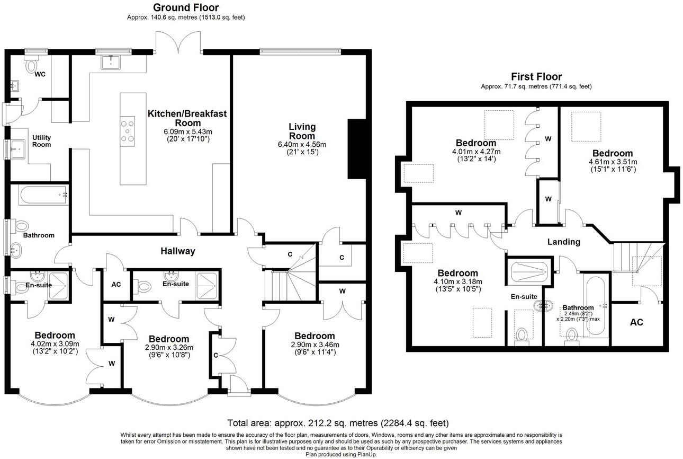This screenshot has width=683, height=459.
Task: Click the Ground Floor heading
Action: [x=186, y=7]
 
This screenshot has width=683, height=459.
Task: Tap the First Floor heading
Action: [x=536, y=76]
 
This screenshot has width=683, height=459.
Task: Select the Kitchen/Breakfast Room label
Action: [x=187, y=118]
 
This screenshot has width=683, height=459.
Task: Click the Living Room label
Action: [x=302, y=131]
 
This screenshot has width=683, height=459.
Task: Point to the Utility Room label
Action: [x=41, y=141]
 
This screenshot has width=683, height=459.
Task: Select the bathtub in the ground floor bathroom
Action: [x=43, y=195]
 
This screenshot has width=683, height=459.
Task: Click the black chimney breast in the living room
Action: [x=356, y=148]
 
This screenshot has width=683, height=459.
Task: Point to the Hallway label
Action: [x=178, y=251]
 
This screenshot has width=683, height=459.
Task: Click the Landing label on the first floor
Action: [x=563, y=242]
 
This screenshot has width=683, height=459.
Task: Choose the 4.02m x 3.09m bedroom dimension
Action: [x=55, y=344]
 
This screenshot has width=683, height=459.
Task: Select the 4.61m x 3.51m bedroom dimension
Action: [x=613, y=162]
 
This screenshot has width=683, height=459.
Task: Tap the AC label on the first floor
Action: [x=636, y=322]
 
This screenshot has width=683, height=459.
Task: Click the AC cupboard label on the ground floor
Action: [x=116, y=285]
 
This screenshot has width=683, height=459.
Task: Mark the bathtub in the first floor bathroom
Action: [x=596, y=306]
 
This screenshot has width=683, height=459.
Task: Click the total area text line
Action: [x=338, y=423]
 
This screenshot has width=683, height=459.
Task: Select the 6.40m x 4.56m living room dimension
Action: [x=302, y=144]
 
